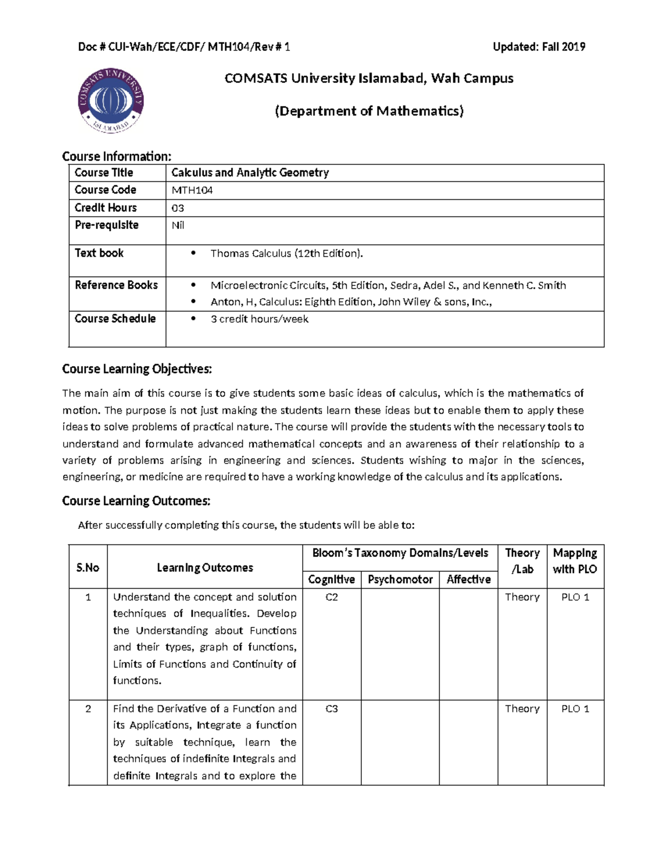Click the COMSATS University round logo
pyautogui.click(x=111, y=100)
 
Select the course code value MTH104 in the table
pyautogui.click(x=191, y=190)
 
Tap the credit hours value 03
pyautogui.click(x=178, y=208)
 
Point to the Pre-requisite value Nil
pyautogui.click(x=178, y=225)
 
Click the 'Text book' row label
pyautogui.click(x=99, y=253)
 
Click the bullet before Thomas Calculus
pyautogui.click(x=193, y=253)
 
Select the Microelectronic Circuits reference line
pyautogui.click(x=387, y=285)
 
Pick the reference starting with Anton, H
pyautogui.click(x=351, y=302)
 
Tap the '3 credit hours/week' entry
pyautogui.click(x=259, y=319)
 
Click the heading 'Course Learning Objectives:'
pyautogui.click(x=137, y=369)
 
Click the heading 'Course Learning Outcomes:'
pyautogui.click(x=136, y=501)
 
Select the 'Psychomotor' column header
pyautogui.click(x=400, y=579)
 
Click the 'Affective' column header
pyautogui.click(x=468, y=579)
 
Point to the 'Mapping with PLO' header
pyautogui.click(x=574, y=561)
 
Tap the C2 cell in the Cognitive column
pyautogui.click(x=331, y=597)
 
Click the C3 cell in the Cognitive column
pyautogui.click(x=331, y=709)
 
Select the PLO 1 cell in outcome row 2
pyautogui.click(x=575, y=709)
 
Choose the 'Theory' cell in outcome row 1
pyautogui.click(x=522, y=597)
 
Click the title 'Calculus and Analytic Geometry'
pyautogui.click(x=250, y=173)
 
